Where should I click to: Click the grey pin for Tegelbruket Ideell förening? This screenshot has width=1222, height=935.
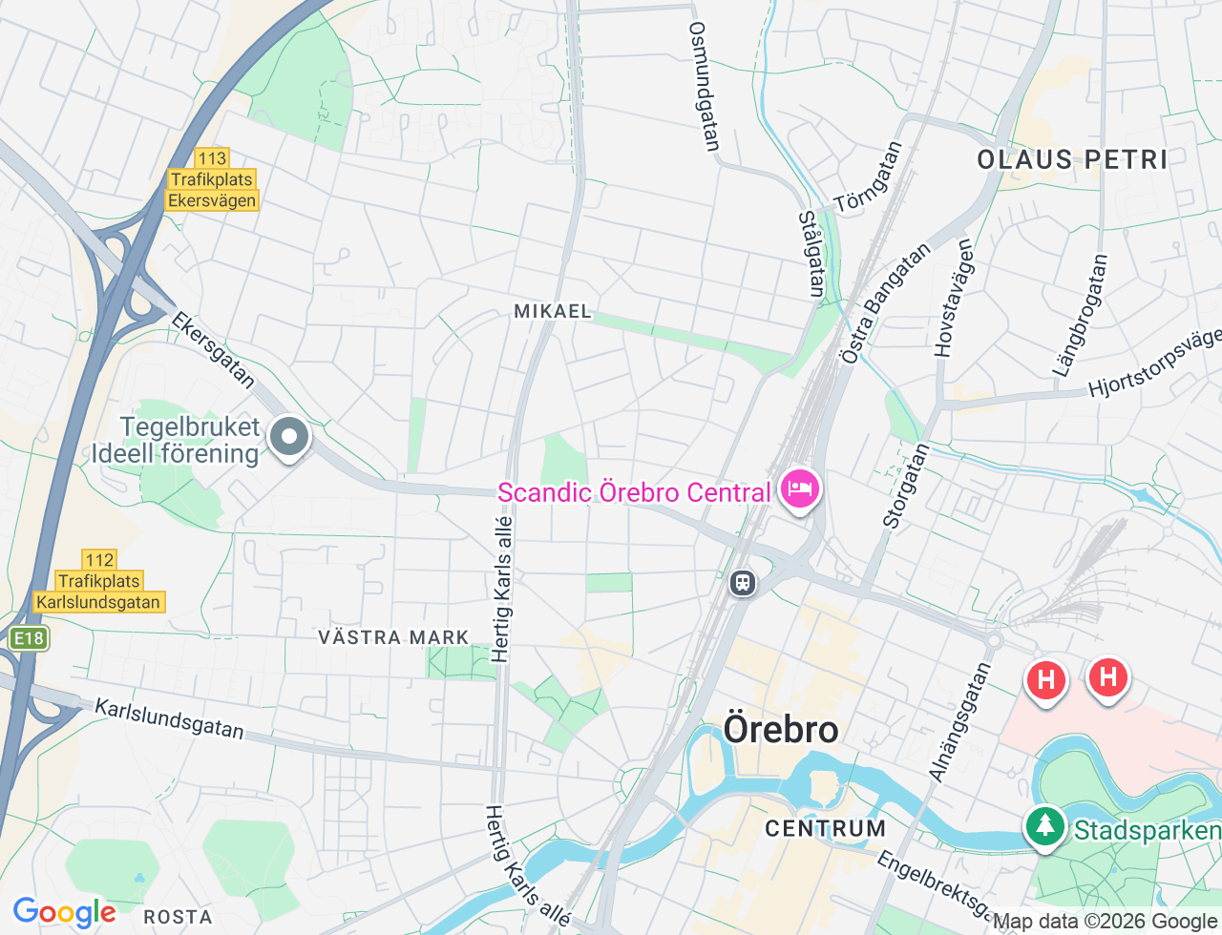click(288, 438)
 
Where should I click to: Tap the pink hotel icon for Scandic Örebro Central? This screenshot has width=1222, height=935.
click(799, 489)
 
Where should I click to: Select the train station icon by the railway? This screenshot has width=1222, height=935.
click(742, 583)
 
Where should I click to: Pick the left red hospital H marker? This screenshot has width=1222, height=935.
click(1045, 679)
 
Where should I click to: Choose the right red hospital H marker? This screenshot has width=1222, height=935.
click(1107, 677)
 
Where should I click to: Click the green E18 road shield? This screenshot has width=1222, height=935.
click(28, 638)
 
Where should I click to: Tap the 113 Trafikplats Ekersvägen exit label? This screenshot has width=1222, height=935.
click(212, 179)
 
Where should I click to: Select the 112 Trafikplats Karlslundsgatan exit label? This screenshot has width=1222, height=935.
click(98, 581)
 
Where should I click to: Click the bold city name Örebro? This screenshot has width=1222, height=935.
click(781, 730)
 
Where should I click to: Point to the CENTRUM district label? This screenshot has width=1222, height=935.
click(825, 828)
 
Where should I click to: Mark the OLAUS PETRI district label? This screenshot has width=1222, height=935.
click(1072, 159)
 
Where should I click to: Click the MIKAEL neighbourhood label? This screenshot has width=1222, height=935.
click(553, 311)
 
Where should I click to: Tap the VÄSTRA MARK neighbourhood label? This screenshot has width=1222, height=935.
click(393, 637)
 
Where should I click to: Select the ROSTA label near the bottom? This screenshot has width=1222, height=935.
click(178, 917)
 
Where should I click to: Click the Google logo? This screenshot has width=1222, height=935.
click(64, 913)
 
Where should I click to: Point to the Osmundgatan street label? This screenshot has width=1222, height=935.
click(704, 86)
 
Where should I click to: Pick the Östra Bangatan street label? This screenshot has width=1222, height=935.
click(885, 303)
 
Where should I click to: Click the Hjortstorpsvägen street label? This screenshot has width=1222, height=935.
click(1155, 364)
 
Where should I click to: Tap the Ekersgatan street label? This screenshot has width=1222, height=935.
click(213, 350)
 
